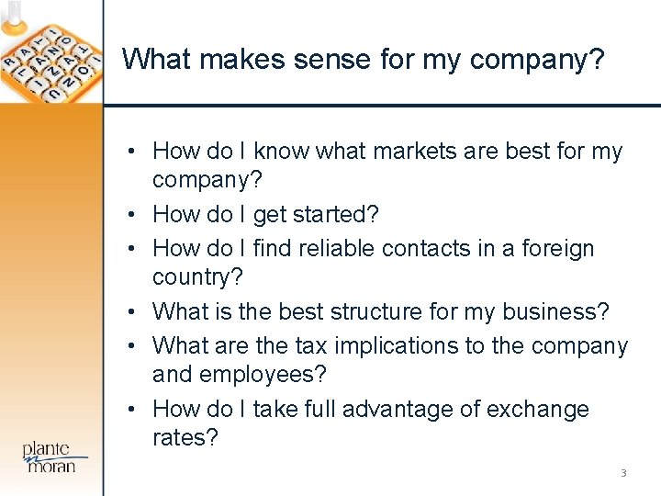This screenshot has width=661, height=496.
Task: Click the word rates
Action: click(x=185, y=438)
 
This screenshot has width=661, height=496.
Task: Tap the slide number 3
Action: click(x=623, y=473)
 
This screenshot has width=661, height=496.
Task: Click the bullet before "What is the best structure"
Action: click(x=133, y=311)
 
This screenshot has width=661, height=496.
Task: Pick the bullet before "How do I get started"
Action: click(x=133, y=214)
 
